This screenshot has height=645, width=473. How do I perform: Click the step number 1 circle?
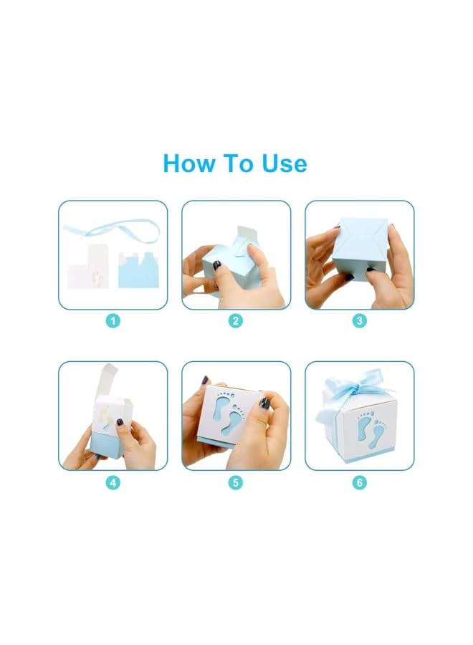pos(113,321)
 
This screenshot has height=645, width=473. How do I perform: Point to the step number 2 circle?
pos(236,321)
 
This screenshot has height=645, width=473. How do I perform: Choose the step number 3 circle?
pos(360,321)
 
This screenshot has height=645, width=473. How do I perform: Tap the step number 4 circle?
pos(113,482)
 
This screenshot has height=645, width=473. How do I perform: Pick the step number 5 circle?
pos(236,482)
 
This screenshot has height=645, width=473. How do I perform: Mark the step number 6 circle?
pos(360,482)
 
